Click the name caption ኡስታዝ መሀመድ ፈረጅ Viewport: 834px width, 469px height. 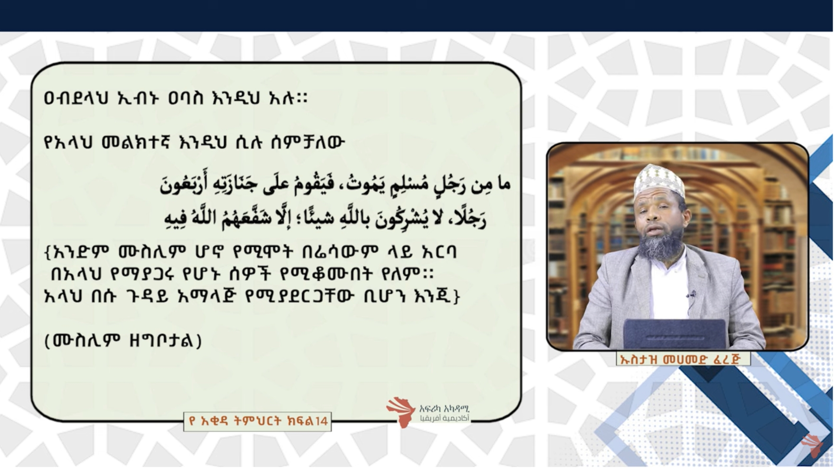tap(683, 359)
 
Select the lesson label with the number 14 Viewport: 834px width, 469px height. tap(258, 421)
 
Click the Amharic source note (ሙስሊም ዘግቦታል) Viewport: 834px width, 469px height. tap(123, 341)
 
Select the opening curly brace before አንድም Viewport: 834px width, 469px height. tap(48, 252)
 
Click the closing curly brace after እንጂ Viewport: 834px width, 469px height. tap(456, 297)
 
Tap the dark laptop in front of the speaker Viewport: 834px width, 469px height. tap(675, 334)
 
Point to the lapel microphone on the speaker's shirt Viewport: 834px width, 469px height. tap(691, 296)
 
